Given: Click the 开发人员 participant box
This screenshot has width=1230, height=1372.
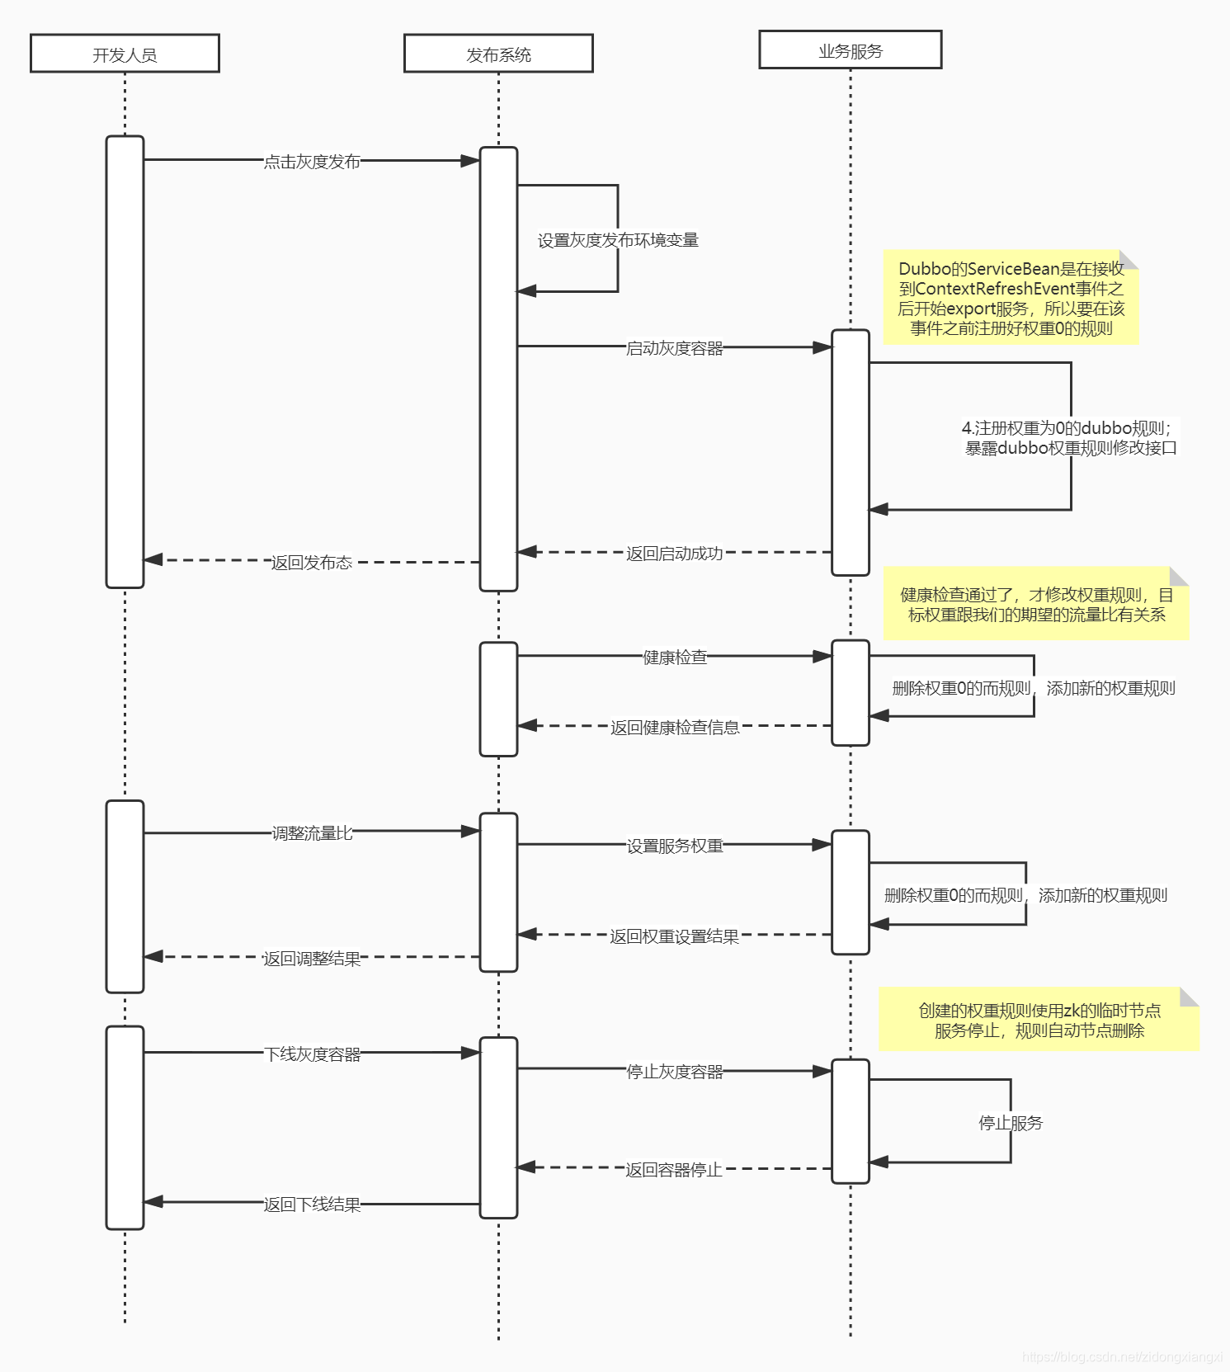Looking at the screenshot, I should tap(125, 54).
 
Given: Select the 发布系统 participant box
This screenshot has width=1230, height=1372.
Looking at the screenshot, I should tap(498, 54).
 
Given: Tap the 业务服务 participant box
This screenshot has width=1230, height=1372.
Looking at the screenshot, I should tap(850, 50).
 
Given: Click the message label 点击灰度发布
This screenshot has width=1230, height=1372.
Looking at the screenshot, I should tap(312, 162).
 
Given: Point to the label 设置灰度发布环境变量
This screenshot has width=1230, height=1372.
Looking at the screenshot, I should tap(618, 240).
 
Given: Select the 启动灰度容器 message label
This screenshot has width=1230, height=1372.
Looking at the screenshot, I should tap(674, 348).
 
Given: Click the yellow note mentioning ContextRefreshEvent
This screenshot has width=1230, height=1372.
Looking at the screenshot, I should tap(1011, 298).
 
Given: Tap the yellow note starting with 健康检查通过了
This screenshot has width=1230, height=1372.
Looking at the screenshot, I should tap(1036, 604).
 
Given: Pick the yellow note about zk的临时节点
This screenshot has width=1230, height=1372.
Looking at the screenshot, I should tap(1039, 1020).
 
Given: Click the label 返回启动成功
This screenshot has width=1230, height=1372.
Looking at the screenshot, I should tap(674, 554).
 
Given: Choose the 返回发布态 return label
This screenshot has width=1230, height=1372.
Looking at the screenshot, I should tap(312, 563).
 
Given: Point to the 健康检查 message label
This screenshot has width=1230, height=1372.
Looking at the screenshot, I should tap(675, 657).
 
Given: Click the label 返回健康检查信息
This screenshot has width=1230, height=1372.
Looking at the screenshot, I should tap(675, 727).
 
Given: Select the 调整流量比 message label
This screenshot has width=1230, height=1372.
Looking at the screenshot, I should tap(312, 833).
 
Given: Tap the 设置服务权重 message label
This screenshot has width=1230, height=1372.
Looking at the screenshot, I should tap(674, 846).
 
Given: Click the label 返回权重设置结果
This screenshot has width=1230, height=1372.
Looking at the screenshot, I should tap(674, 936).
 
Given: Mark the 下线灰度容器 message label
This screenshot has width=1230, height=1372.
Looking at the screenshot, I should tap(312, 1054).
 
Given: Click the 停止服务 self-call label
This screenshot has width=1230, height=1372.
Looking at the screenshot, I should tap(1011, 1123).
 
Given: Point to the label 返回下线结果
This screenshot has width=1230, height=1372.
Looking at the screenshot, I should tap(312, 1205).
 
